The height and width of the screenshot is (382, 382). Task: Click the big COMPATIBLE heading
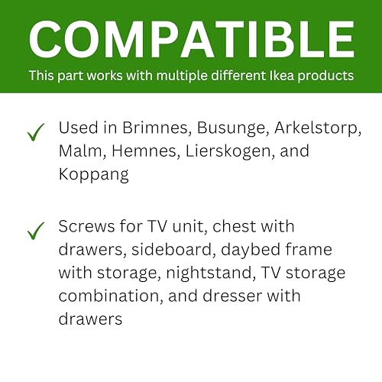coord(192,40)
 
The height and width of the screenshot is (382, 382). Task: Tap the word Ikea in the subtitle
coord(281,76)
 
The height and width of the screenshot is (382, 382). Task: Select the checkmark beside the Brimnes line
coord(36,132)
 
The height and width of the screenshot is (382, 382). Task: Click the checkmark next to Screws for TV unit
coord(36,231)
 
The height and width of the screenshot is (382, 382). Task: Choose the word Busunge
coord(231,128)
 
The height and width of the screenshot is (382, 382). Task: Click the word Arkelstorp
coord(316,128)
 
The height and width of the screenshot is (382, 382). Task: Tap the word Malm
coord(80,151)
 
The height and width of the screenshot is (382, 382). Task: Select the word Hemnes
coord(144,151)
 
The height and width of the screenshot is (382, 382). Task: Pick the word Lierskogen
coord(228,152)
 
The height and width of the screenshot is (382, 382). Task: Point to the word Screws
coord(86,226)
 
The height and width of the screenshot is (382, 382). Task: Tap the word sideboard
coord(172,249)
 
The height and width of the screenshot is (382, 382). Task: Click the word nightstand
coord(209,274)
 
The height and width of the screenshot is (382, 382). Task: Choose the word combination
coord(108,296)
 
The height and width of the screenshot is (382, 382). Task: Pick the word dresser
coord(232,296)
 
